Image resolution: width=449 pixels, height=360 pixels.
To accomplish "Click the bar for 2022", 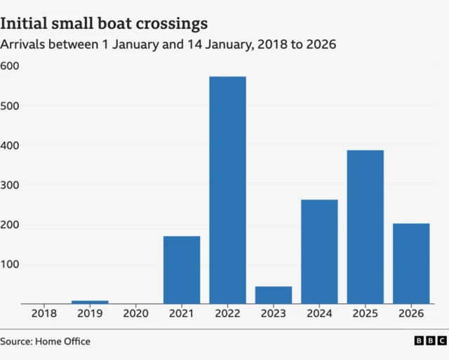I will click(x=227, y=189).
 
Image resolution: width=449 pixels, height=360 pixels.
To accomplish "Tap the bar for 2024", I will click(x=319, y=251).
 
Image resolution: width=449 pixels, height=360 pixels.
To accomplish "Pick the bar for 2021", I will click(x=182, y=269).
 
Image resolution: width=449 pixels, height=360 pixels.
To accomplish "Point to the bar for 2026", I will click(x=411, y=263).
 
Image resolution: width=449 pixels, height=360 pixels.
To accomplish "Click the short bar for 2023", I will click(x=274, y=295).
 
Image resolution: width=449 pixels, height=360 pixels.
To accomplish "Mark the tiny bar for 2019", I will click(x=90, y=302).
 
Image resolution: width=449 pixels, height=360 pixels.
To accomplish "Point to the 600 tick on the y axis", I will click(x=11, y=66).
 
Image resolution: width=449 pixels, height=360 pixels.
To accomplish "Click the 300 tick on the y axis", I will click(x=11, y=185).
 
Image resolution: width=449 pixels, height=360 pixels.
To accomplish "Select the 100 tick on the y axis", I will click(x=11, y=265).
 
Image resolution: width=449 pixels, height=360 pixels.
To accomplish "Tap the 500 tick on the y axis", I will click(x=11, y=106).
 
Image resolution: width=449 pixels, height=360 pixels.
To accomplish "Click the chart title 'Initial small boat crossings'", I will click(x=104, y=23).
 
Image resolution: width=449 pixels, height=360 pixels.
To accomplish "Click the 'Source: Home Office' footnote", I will click(x=46, y=342).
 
